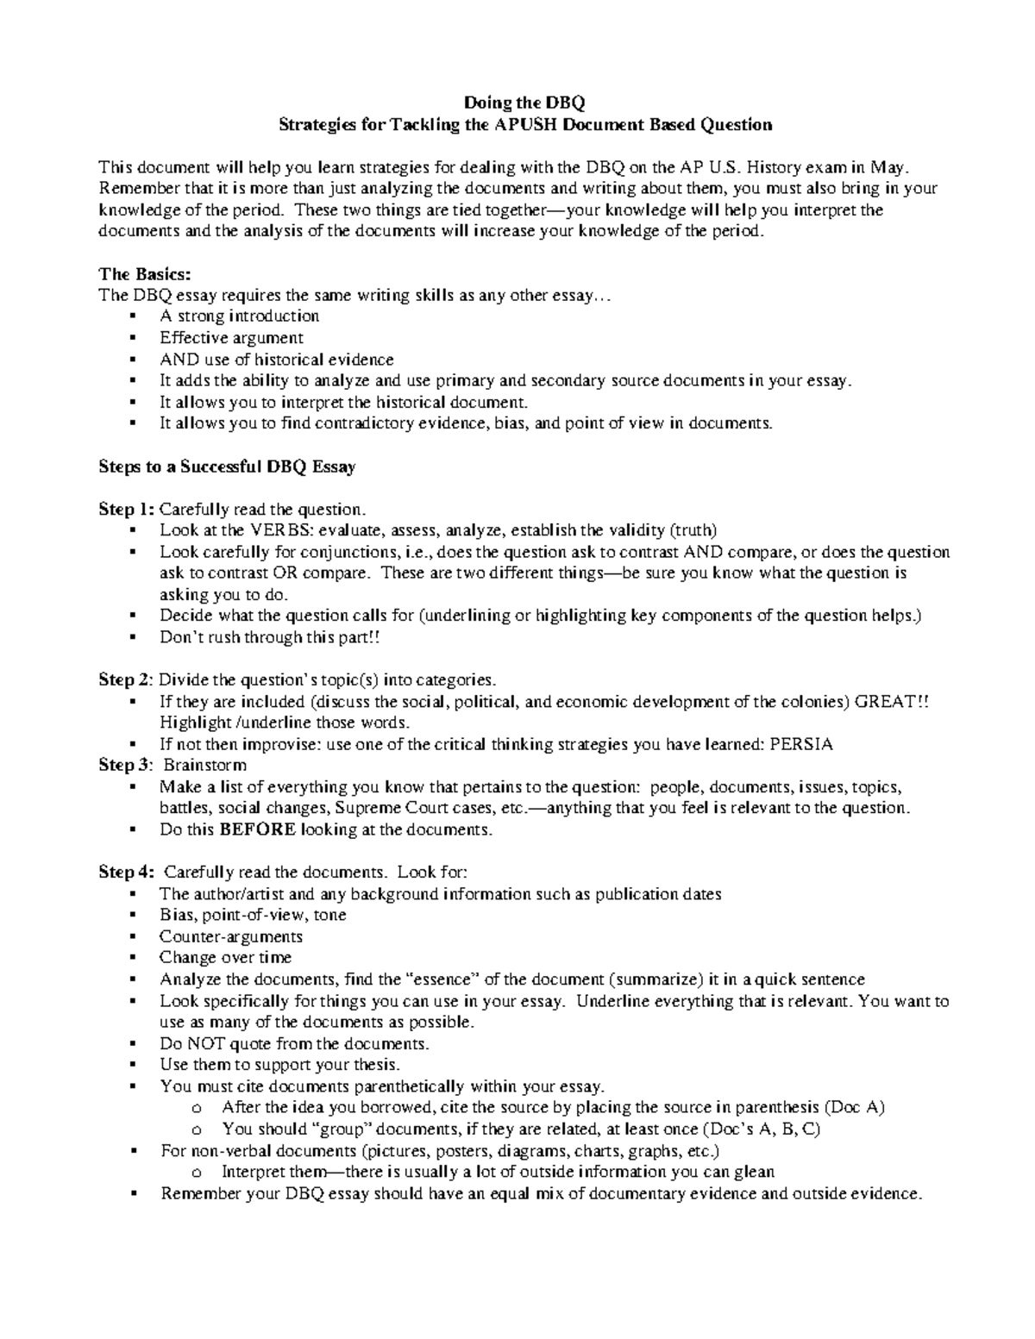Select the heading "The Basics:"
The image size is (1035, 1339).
(x=144, y=274)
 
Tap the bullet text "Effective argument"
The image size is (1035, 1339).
(x=231, y=338)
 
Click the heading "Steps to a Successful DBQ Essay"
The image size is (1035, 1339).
(x=228, y=466)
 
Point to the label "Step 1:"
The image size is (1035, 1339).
(x=126, y=509)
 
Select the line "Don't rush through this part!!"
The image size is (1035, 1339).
(x=269, y=637)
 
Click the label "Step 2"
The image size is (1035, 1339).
(x=125, y=680)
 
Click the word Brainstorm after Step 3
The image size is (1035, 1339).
(x=205, y=766)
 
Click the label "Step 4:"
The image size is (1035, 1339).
(x=127, y=873)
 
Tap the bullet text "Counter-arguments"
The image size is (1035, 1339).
(x=231, y=936)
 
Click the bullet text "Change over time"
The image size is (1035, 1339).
(x=226, y=958)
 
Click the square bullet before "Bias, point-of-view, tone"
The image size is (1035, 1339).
(x=132, y=916)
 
